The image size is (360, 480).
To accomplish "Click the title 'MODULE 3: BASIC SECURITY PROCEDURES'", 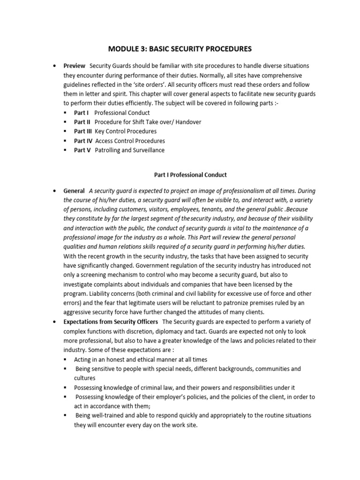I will [180, 48].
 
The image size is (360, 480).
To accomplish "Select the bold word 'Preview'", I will [75, 66].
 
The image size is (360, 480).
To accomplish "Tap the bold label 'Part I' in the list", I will [81, 112].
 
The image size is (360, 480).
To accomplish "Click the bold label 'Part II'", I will [82, 122].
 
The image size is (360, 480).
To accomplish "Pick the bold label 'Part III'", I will [83, 131].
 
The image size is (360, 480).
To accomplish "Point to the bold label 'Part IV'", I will [83, 141].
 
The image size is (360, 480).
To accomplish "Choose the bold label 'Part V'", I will [82, 150].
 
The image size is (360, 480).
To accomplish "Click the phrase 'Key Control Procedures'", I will [126, 131].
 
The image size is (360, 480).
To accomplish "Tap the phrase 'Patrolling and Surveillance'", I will [130, 150].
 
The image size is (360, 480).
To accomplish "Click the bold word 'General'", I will [74, 191].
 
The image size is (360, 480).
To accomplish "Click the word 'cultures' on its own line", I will [84, 378].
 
